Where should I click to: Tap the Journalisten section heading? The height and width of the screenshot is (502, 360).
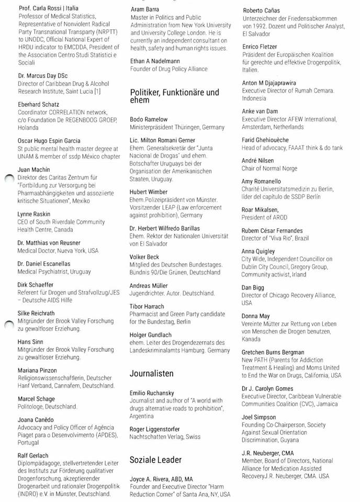151,374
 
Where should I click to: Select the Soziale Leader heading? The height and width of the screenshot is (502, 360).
155,460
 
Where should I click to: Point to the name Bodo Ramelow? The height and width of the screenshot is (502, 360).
150,119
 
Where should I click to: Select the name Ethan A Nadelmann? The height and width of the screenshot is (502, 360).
157,61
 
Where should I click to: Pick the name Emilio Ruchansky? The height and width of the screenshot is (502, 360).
153,393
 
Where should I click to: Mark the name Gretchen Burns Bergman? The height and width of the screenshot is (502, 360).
273,352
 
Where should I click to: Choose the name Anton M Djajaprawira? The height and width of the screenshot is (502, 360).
268,83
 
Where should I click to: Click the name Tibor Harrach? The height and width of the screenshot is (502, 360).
147,306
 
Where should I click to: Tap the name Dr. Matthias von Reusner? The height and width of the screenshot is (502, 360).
49,243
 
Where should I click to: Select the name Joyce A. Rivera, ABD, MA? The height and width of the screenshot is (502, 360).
161,478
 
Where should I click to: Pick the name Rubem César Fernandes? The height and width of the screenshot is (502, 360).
272,231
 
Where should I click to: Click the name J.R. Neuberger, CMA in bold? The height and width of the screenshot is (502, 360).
267,453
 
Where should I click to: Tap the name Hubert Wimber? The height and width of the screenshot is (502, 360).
149,192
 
